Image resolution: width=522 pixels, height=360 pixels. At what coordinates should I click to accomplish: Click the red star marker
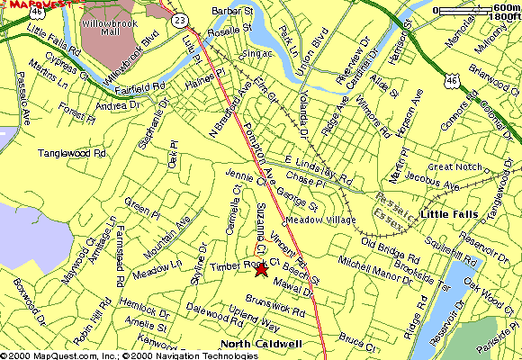pos(262,269)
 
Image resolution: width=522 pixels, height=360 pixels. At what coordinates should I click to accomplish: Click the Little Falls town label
pos(447,213)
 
